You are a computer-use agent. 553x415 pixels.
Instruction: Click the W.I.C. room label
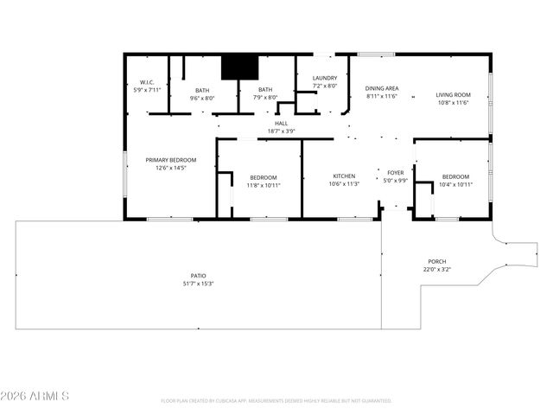[x=146, y=82]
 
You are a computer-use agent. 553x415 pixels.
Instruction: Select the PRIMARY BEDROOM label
[x=170, y=160]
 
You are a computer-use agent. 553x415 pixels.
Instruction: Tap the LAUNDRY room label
[x=325, y=78]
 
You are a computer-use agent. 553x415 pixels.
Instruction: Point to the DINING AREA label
[x=381, y=88]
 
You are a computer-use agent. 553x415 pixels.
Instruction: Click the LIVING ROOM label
[x=452, y=95]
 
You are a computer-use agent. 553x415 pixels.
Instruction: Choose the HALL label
[x=281, y=124]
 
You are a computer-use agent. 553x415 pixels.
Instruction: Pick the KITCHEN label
[x=344, y=176]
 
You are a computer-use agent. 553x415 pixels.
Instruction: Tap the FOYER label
[x=395, y=173]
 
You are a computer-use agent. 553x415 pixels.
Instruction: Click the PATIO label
[x=198, y=276]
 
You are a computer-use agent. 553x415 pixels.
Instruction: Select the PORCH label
[x=437, y=261]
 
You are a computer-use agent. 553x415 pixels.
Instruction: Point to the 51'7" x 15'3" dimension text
[x=198, y=284]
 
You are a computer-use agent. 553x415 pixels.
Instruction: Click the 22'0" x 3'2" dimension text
[x=437, y=269]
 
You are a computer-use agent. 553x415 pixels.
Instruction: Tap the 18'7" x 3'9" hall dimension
[x=281, y=131]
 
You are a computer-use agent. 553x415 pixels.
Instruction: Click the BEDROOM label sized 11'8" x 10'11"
[x=263, y=176]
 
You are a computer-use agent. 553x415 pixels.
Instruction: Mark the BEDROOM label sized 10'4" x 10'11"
[x=455, y=176]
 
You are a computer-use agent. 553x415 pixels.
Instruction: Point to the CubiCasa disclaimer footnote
[x=276, y=401]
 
